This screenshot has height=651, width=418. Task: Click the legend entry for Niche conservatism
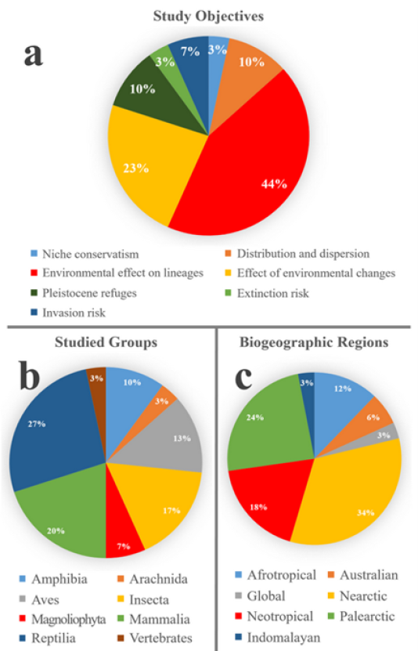pyautogui.click(x=85, y=254)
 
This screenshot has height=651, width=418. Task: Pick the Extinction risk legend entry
pyautogui.click(x=268, y=294)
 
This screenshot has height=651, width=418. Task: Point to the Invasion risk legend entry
pyautogui.click(x=68, y=313)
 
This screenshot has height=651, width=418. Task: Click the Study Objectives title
pyautogui.click(x=208, y=16)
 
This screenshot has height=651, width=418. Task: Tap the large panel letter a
pyautogui.click(x=33, y=55)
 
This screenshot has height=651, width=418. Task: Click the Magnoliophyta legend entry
pyautogui.click(x=63, y=619)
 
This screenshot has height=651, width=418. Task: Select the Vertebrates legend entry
pyautogui.click(x=155, y=638)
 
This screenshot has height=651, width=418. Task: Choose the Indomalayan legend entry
pyautogui.click(x=278, y=638)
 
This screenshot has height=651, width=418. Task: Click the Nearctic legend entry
pyautogui.click(x=358, y=596)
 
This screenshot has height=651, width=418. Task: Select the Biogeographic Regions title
pyautogui.click(x=314, y=342)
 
